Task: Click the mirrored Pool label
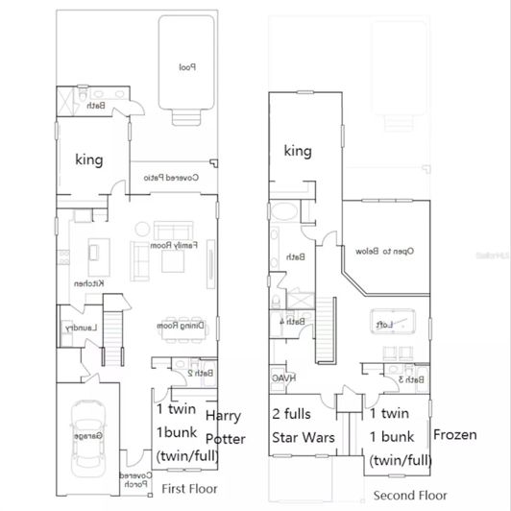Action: click(x=187, y=67)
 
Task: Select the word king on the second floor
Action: click(x=299, y=151)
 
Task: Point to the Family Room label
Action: click(x=179, y=245)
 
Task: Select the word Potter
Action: click(x=227, y=439)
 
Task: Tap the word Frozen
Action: click(x=454, y=434)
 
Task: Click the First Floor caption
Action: click(x=188, y=488)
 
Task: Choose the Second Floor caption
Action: click(x=410, y=496)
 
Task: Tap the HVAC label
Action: click(x=281, y=379)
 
